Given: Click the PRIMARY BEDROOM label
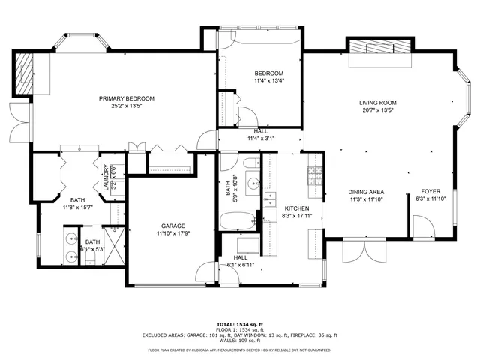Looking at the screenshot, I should click(x=127, y=98).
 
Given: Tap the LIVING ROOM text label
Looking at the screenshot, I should click(x=377, y=102).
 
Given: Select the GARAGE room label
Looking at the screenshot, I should click(x=172, y=226).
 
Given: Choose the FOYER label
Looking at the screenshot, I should click(x=430, y=191).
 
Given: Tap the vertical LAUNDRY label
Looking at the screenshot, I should click(x=97, y=179).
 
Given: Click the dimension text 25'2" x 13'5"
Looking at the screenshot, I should click(x=127, y=106).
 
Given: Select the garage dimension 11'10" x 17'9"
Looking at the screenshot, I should click(x=172, y=233).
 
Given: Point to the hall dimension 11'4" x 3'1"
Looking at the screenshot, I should click(x=261, y=138).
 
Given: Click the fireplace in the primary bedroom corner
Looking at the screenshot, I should click(x=26, y=72).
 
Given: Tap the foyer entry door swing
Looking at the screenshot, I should click(x=418, y=225).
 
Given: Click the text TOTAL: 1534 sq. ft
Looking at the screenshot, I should click(x=239, y=322).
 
